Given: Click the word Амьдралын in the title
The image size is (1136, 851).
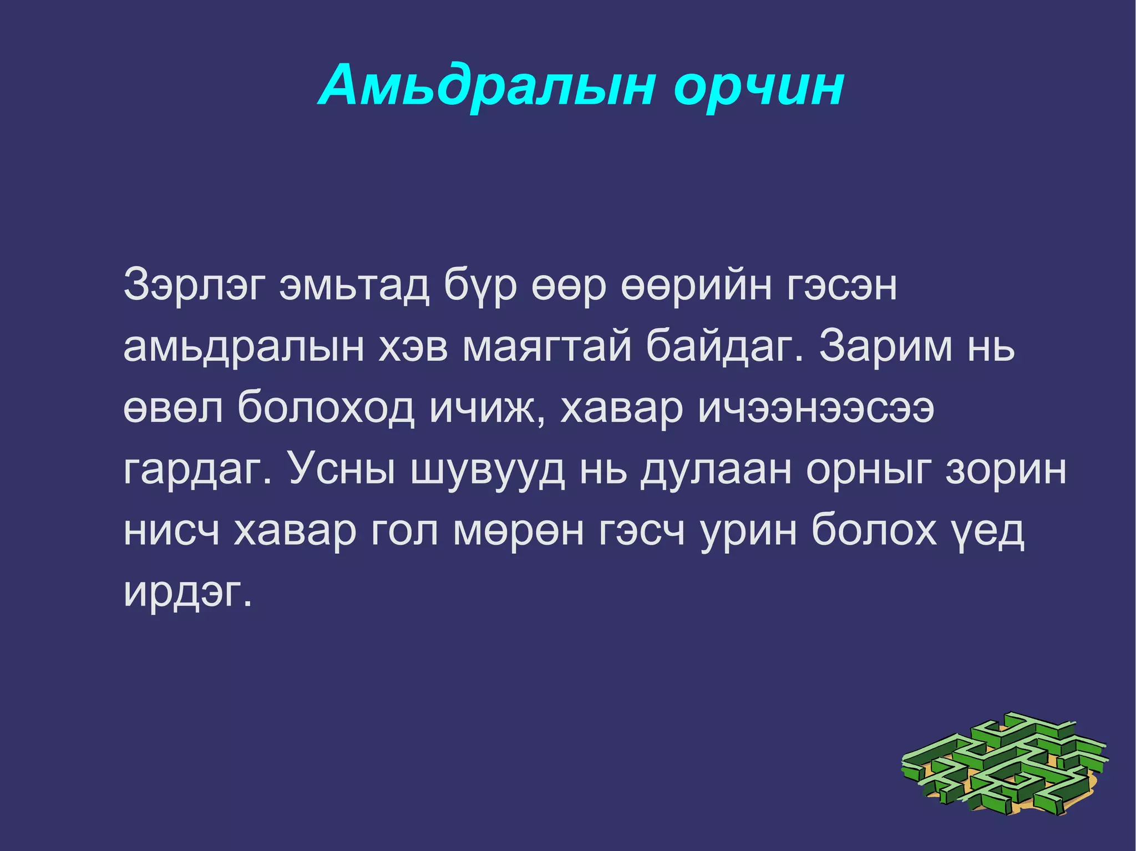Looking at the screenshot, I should click(488, 86).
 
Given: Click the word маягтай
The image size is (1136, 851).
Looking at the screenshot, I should click(547, 347).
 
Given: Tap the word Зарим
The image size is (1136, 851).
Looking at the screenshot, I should click(885, 346).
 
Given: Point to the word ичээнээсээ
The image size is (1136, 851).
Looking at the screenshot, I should click(816, 407).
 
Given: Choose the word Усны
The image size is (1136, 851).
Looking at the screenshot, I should click(342, 468).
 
